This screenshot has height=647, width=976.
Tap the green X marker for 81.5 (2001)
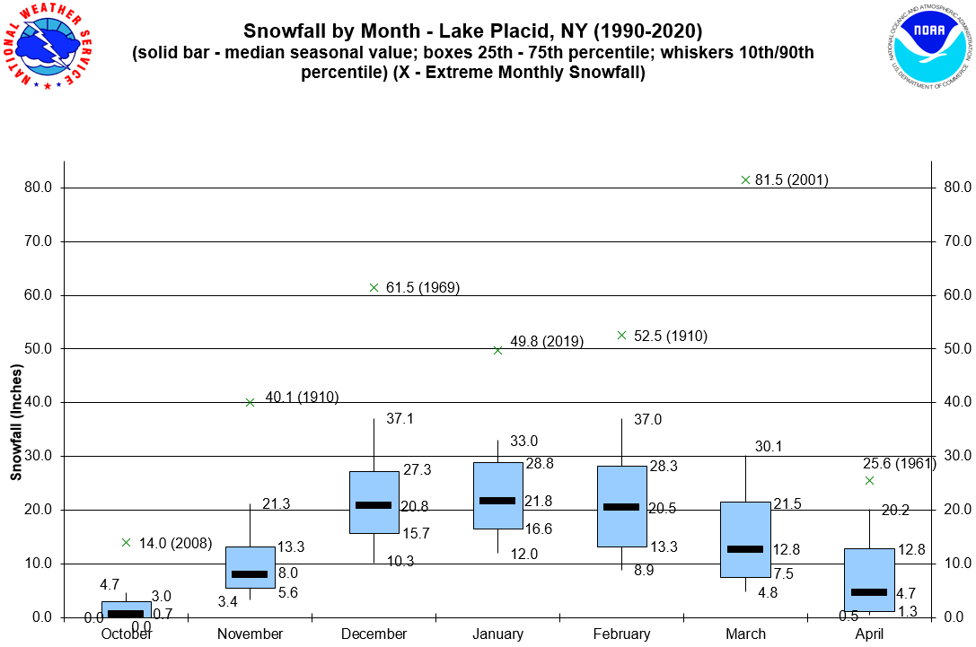click(745, 179)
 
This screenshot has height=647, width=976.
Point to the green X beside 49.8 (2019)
click(497, 350)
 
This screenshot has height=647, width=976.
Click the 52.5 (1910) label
click(670, 337)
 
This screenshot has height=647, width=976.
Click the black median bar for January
click(497, 501)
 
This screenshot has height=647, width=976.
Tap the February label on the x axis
click(621, 634)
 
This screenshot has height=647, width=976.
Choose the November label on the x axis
click(250, 634)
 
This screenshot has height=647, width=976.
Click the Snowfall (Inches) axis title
click(16, 422)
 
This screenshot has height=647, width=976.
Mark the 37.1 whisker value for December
click(400, 419)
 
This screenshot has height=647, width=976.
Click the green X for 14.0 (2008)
click(126, 542)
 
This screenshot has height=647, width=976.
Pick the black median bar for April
click(869, 592)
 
